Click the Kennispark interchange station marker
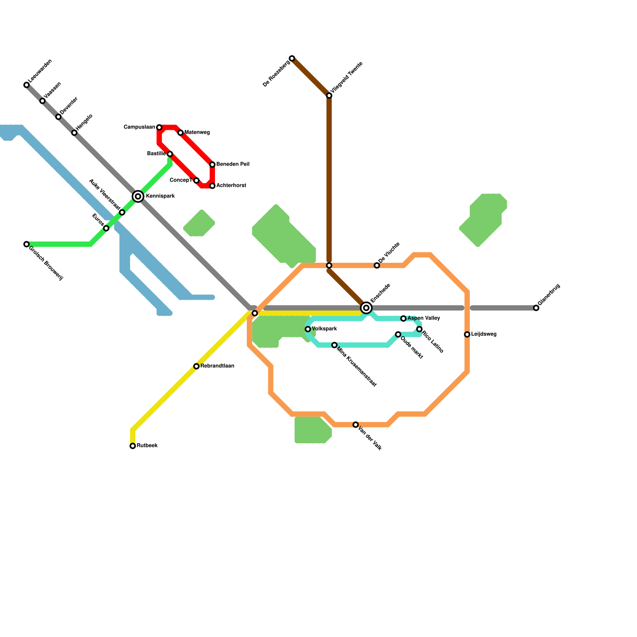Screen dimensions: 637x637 click(138, 196)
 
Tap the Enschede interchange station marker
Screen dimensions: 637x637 click(366, 308)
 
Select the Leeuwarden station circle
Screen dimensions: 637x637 click(26, 85)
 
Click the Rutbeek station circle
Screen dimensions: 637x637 click(133, 446)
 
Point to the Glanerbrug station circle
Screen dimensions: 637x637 click(536, 308)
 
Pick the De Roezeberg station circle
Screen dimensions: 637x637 click(292, 59)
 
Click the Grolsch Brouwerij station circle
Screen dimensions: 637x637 click(26, 244)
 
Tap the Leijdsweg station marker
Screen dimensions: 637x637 click(467, 334)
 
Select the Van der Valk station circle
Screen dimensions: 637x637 click(356, 425)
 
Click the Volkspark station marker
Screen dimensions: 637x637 click(308, 329)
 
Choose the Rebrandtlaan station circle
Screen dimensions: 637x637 click(196, 366)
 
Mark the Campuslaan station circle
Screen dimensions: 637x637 click(159, 127)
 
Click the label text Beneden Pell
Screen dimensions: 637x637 click(233, 164)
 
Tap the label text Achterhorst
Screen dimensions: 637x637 click(231, 186)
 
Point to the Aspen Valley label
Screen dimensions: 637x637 click(424, 318)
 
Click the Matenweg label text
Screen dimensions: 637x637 click(197, 133)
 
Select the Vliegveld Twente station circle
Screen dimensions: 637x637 click(329, 96)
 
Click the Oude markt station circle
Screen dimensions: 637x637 click(398, 334)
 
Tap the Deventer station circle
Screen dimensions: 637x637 click(58, 117)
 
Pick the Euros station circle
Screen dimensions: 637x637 click(106, 228)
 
